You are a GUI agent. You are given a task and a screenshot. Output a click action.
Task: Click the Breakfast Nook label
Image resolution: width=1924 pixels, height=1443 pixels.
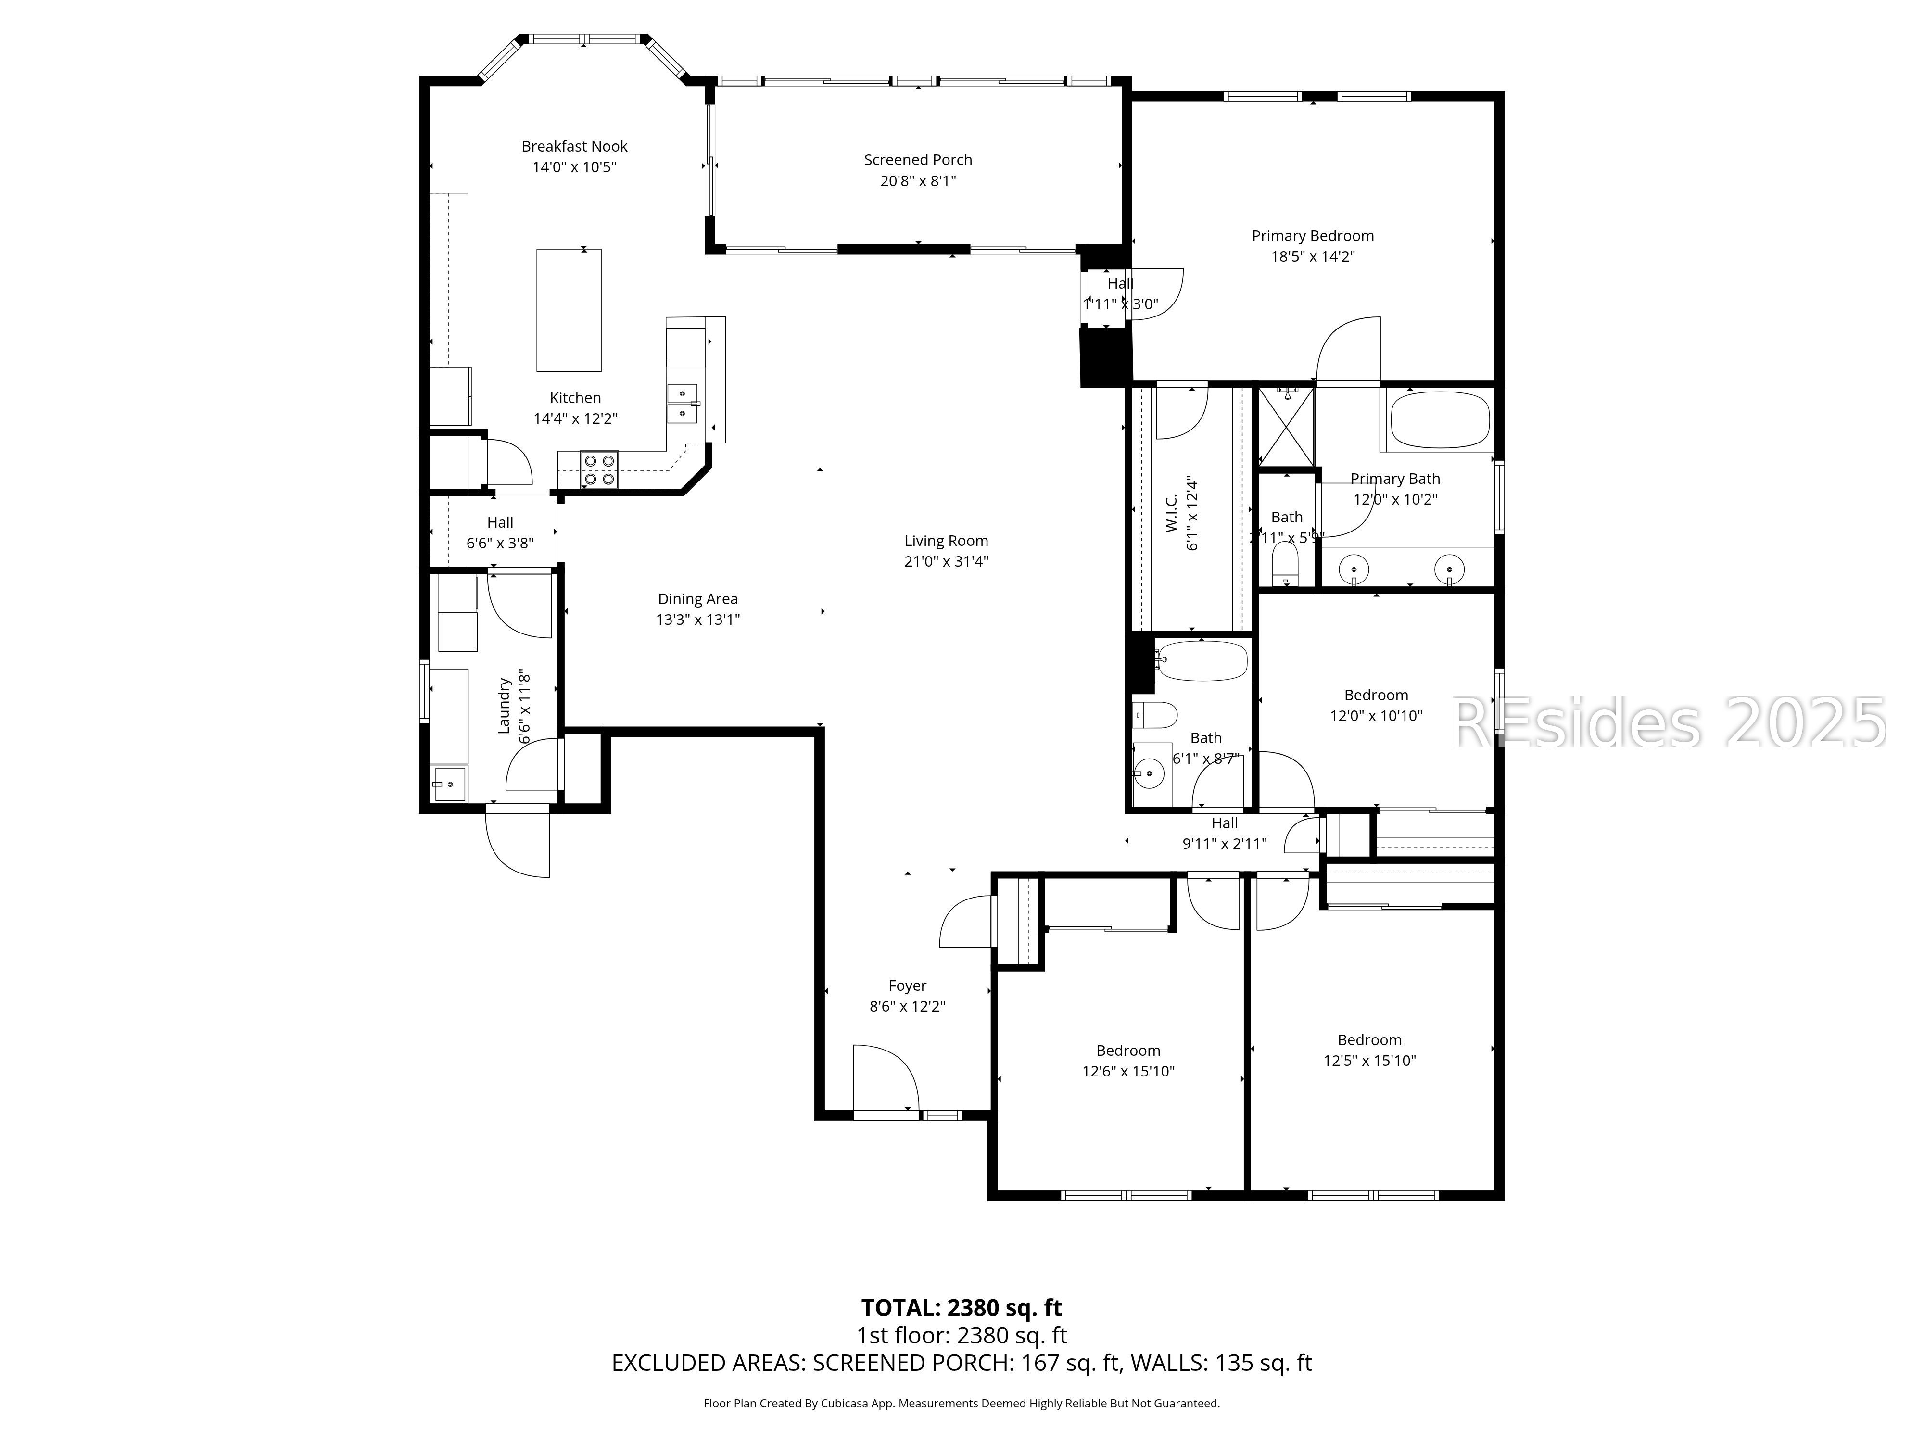point(574,146)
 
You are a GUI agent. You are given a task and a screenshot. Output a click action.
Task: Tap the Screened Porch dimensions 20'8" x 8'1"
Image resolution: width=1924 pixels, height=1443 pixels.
point(918,181)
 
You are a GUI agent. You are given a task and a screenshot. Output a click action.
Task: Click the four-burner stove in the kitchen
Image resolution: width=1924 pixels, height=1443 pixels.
point(599,469)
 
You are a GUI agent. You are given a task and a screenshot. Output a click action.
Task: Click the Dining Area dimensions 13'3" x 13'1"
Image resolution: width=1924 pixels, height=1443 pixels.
point(697,620)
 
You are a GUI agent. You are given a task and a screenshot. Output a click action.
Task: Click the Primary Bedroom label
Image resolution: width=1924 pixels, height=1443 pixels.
point(1312,236)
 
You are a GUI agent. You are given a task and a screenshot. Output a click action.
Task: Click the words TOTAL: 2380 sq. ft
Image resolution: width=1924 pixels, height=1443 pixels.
point(961,1307)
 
